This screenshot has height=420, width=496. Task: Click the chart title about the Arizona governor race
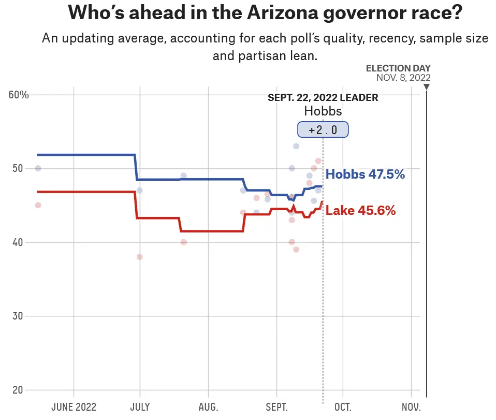tap(265, 13)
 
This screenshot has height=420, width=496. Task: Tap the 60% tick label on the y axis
tap(19, 95)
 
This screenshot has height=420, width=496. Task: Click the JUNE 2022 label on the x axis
tap(74, 407)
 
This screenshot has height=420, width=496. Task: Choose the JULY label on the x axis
tap(140, 407)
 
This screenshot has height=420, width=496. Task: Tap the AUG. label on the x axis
tap(208, 407)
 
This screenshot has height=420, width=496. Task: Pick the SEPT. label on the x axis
tap(276, 407)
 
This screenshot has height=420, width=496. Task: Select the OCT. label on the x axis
tap(342, 407)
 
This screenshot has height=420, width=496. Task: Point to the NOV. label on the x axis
tap(411, 407)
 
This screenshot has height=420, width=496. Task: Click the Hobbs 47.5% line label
tap(365, 175)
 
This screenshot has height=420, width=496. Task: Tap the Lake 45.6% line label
tap(360, 211)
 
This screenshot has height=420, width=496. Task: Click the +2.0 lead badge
tap(323, 130)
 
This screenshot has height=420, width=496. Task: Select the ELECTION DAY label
tap(398, 68)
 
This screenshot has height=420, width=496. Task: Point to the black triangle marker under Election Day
tap(427, 86)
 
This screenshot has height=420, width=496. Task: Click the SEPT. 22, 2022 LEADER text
tap(323, 97)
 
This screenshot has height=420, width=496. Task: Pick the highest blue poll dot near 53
tap(296, 146)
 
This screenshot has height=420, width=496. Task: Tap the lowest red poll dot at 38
tap(139, 257)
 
